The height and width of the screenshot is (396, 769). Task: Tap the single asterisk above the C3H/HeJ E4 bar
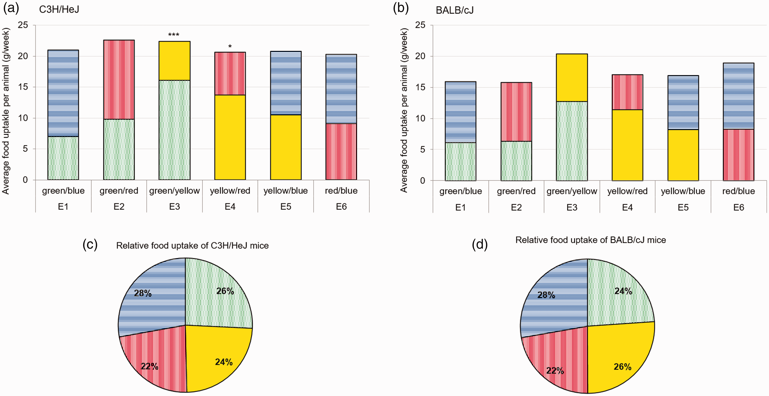pyautogui.click(x=230, y=46)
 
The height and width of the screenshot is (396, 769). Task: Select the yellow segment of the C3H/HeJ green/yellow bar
pyautogui.click(x=174, y=61)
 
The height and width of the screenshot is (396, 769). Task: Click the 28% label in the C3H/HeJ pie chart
pyautogui.click(x=143, y=293)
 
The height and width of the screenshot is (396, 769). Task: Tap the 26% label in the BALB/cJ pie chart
pyautogui.click(x=622, y=367)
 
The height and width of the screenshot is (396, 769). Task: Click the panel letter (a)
pyautogui.click(x=11, y=8)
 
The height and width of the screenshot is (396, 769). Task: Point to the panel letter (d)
pyautogui.click(x=480, y=244)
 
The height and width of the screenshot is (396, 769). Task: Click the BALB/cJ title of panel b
pyautogui.click(x=455, y=10)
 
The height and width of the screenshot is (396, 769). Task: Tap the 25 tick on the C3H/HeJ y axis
pyautogui.click(x=23, y=25)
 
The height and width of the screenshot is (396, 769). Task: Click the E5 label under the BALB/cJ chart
pyautogui.click(x=683, y=207)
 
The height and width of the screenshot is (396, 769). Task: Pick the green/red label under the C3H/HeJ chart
pyautogui.click(x=119, y=191)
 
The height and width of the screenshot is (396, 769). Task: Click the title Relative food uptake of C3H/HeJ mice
pyautogui.click(x=192, y=246)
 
